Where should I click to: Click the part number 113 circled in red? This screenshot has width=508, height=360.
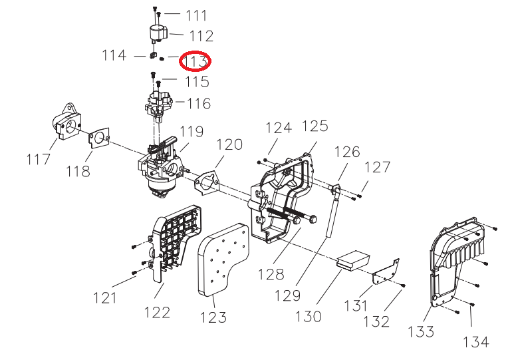coord(197,61)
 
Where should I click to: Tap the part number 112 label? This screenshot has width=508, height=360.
coord(201,35)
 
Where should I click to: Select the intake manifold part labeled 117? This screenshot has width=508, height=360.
coord(64,124)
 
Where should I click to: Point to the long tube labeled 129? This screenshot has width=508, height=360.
coord(330,213)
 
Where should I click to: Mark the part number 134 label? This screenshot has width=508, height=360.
coord(475,341)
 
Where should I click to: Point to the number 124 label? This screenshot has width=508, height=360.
coord(279,128)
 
